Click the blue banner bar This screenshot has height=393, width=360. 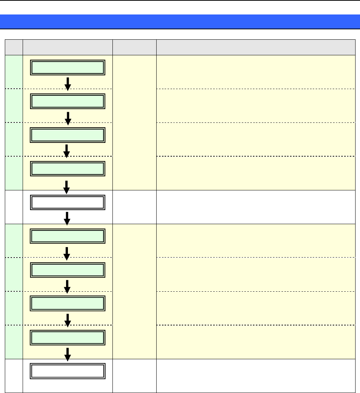(x=180, y=22)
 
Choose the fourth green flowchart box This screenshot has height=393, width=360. (x=68, y=168)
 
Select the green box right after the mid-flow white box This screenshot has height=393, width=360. (x=68, y=236)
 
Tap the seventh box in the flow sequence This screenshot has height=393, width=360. (x=68, y=270)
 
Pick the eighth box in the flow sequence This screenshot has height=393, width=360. (x=68, y=304)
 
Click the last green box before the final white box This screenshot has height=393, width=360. (x=68, y=337)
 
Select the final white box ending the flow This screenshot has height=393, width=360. (x=68, y=371)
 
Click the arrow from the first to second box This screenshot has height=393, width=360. (x=68, y=83)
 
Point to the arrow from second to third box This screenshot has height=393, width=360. (x=68, y=117)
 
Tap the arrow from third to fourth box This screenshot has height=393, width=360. (x=67, y=151)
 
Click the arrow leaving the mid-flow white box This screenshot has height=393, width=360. (x=67, y=218)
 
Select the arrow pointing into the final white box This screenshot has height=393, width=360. (x=68, y=354)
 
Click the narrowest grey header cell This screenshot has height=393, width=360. (x=14, y=47)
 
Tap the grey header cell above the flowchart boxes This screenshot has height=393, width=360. (x=68, y=47)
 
